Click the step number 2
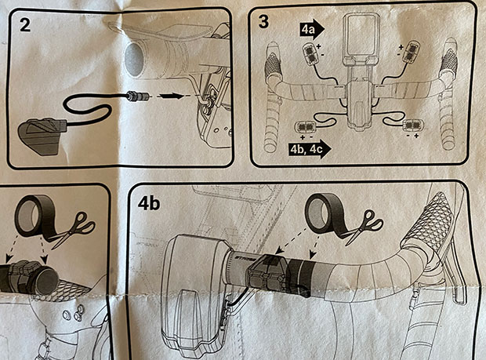point(25,24)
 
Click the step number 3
point(263,21)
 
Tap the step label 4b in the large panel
point(149,203)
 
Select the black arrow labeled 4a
point(312,29)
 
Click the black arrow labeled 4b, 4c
point(310,149)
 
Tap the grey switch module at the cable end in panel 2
point(42,134)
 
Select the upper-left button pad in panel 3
point(311,53)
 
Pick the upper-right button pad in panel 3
point(412,52)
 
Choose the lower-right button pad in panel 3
point(412,125)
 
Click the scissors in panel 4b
point(365,225)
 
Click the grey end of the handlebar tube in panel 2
point(135,60)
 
